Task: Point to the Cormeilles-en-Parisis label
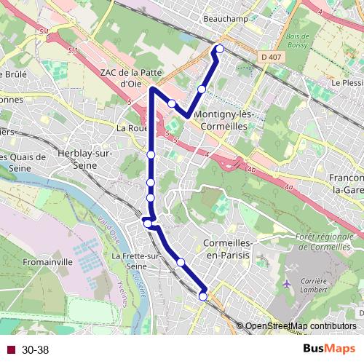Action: pyautogui.click(x=229, y=250)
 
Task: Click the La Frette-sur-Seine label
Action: pyautogui.click(x=135, y=261)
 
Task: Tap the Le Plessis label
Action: pyautogui.click(x=347, y=83)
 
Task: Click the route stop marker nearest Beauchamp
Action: pyautogui.click(x=219, y=50)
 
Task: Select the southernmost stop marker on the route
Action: pyautogui.click(x=202, y=296)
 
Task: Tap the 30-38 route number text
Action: pyautogui.click(x=35, y=350)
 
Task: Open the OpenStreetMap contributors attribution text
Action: pyautogui.click(x=301, y=326)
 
